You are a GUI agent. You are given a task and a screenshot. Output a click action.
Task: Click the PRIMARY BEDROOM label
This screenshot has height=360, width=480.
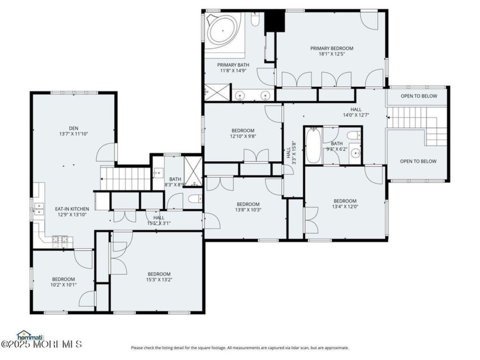pyautogui.click(x=331, y=49)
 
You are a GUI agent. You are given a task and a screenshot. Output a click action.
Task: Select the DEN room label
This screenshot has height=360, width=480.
pyautogui.click(x=74, y=128)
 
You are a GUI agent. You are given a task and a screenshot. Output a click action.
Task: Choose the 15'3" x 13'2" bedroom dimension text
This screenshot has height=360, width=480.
pyautogui.click(x=159, y=280)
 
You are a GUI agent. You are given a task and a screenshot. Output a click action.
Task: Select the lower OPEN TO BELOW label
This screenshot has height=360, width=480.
pyautogui.click(x=418, y=161)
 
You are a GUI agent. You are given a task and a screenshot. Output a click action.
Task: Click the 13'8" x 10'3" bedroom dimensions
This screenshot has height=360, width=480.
pyautogui.click(x=248, y=210)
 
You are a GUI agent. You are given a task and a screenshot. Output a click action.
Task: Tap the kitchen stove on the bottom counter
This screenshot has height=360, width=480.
pyautogui.click(x=60, y=241)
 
